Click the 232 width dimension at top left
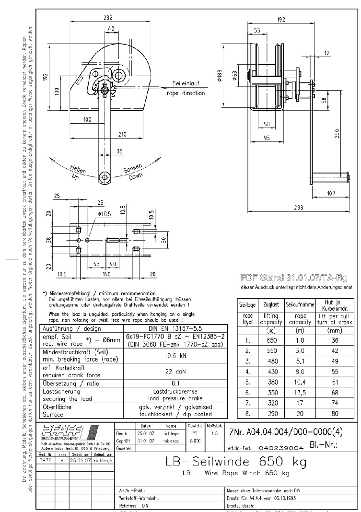coord(108,18)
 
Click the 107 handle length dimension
coord(331,193)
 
